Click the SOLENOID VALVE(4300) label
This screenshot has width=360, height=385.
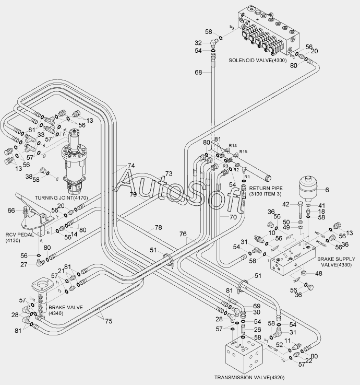click(257, 61)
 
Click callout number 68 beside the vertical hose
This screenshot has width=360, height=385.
click(198, 73)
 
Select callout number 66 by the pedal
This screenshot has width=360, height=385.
click(11, 211)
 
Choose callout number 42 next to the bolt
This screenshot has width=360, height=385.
click(285, 204)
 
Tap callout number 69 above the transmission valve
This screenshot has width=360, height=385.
click(257, 305)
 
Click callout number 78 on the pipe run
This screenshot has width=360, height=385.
click(158, 228)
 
